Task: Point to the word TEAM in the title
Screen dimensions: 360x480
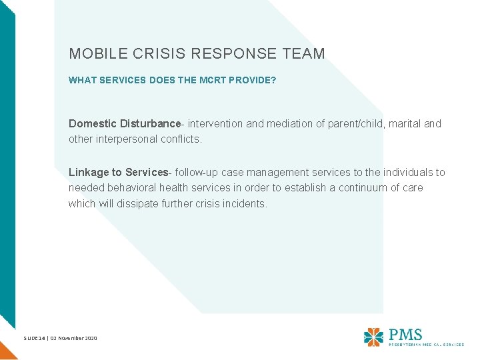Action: click(x=305, y=54)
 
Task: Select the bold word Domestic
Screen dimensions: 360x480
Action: click(x=92, y=124)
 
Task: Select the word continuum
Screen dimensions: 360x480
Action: click(x=369, y=189)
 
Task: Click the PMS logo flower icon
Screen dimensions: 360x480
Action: click(x=373, y=336)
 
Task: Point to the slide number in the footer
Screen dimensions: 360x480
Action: click(x=34, y=339)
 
